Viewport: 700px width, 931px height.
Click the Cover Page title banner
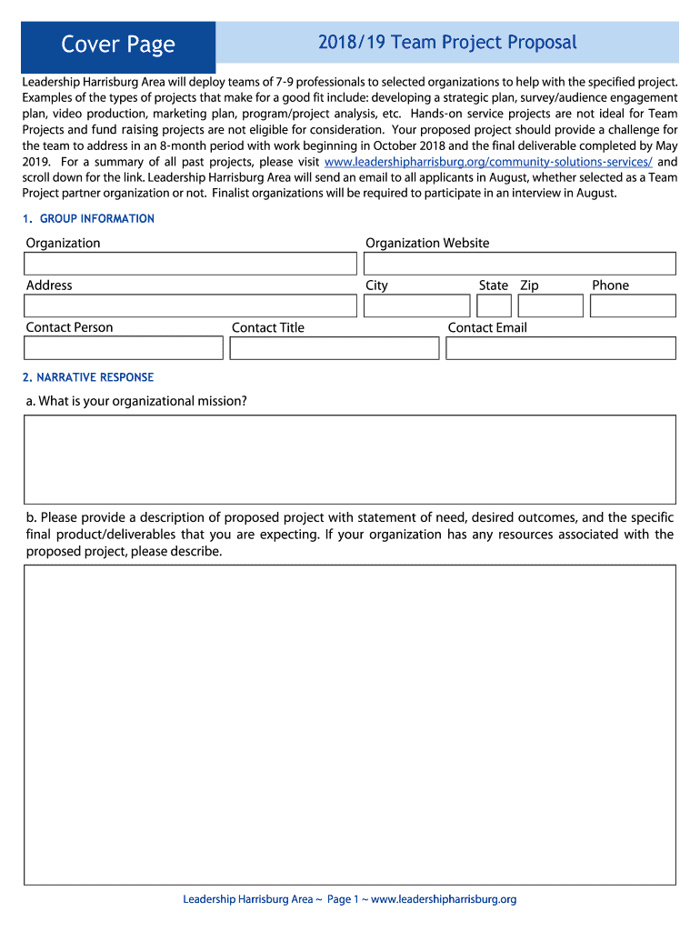117,44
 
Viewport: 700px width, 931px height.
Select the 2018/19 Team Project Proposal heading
447,42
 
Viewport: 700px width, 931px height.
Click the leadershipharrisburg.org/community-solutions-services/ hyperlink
488,162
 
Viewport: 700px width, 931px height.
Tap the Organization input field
190,264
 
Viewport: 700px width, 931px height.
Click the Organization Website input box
520,264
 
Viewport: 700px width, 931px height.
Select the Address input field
190,306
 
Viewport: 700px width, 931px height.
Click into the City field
417,306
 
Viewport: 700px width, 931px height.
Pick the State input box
496,306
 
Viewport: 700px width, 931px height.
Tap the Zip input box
551,306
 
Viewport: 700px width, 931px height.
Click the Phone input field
633,306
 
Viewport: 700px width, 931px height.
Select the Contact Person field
124,348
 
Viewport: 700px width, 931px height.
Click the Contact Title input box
335,348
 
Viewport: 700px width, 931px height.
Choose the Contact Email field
561,348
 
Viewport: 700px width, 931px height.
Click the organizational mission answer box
350,459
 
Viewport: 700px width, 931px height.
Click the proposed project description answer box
350,725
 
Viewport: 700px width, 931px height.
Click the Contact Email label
487,327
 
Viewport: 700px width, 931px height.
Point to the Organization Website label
427,243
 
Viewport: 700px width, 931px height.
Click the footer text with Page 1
350,899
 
